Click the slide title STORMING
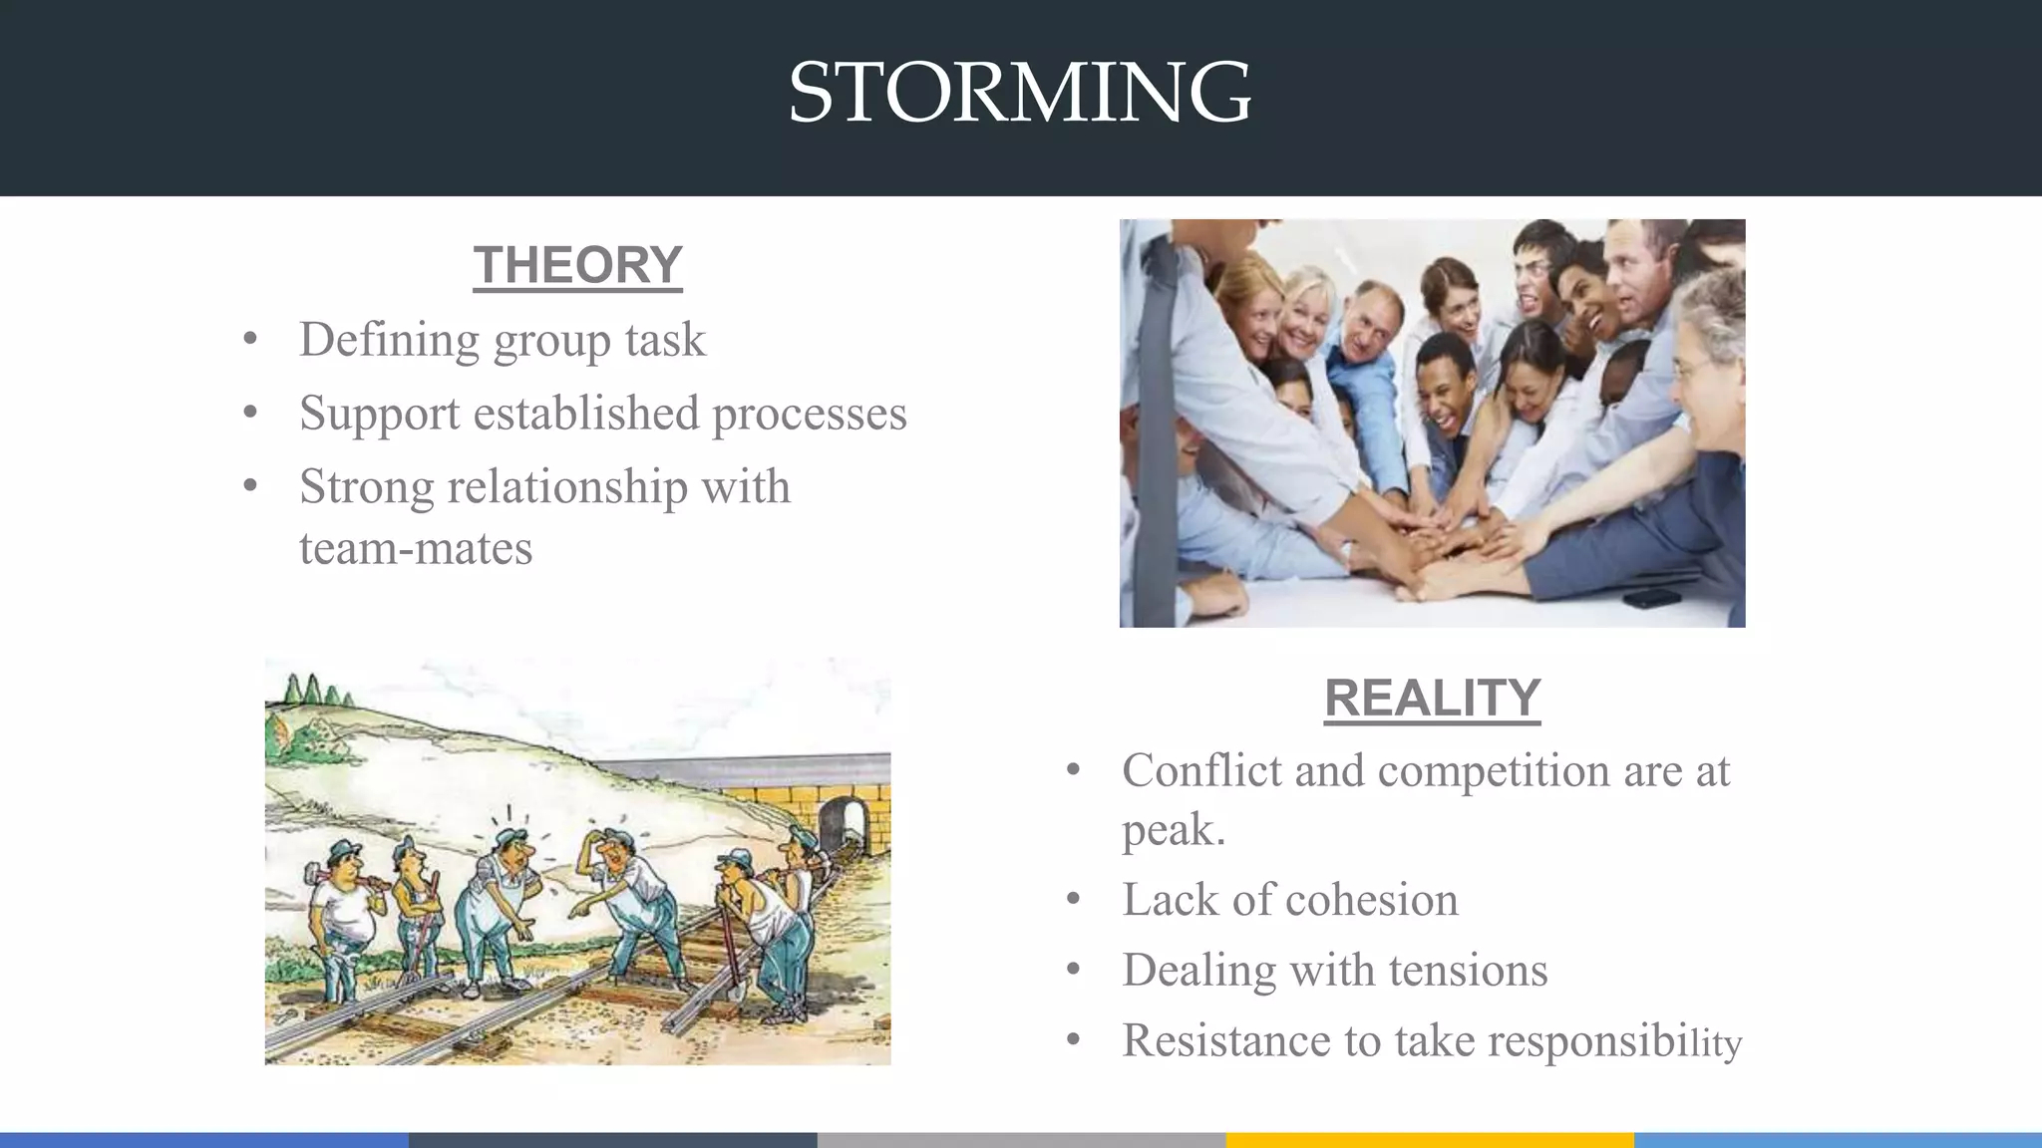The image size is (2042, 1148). tap(1019, 93)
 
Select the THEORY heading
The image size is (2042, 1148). tap(577, 265)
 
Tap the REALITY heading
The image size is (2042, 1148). tap(1432, 698)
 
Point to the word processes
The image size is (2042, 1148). tap(809, 415)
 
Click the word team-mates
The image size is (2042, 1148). tap(416, 549)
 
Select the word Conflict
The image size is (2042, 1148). tap(1199, 770)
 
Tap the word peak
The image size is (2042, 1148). tap(1173, 830)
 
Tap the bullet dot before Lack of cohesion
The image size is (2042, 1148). tap(1073, 901)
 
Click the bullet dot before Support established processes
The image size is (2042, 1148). tap(250, 413)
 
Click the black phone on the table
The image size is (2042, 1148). tap(1650, 599)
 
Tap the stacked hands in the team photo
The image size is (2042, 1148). tap(1436, 538)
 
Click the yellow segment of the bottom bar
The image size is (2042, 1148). tap(1429, 1140)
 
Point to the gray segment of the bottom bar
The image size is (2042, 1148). tap(1021, 1140)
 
